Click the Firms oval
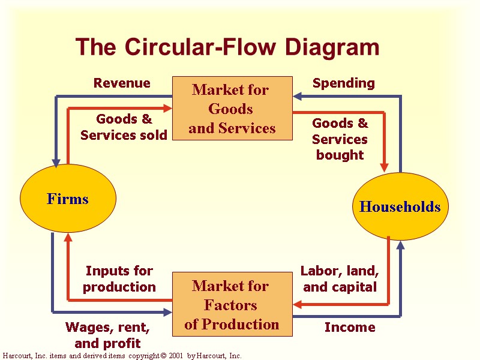coord(68,199)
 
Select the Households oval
coord(400,207)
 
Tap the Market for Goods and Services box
coord(232,109)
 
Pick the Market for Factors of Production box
coord(232,305)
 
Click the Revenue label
coord(122,83)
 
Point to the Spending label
coord(344,83)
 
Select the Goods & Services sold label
coord(124,127)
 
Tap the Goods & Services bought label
coord(340,139)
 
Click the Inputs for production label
coord(119,279)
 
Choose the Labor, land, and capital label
coord(340,279)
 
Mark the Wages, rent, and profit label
coord(107,335)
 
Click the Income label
coord(350,327)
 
